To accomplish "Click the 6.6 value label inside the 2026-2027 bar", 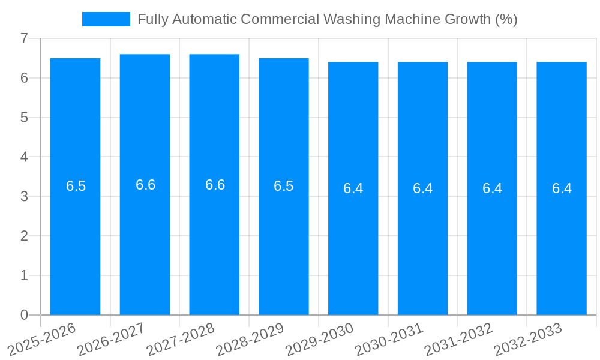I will tap(145, 185).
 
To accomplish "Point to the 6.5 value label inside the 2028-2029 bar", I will tap(284, 186).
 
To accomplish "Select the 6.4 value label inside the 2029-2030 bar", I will tap(353, 188).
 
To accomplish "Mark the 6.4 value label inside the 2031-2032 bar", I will tap(492, 188).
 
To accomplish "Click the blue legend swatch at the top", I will tap(106, 19).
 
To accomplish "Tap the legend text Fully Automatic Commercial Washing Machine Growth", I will tap(327, 19).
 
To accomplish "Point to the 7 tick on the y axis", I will tap(24, 38).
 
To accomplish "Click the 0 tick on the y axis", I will tap(24, 315).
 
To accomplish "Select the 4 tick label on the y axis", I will tap(24, 157).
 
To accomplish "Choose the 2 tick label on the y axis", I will tap(24, 236).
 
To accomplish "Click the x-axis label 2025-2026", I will tap(42, 340).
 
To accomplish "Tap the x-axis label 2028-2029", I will tap(250, 340).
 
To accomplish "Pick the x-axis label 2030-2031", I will tap(389, 340).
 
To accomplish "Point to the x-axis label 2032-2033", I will tap(528, 340).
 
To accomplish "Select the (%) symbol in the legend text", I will tap(506, 19).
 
